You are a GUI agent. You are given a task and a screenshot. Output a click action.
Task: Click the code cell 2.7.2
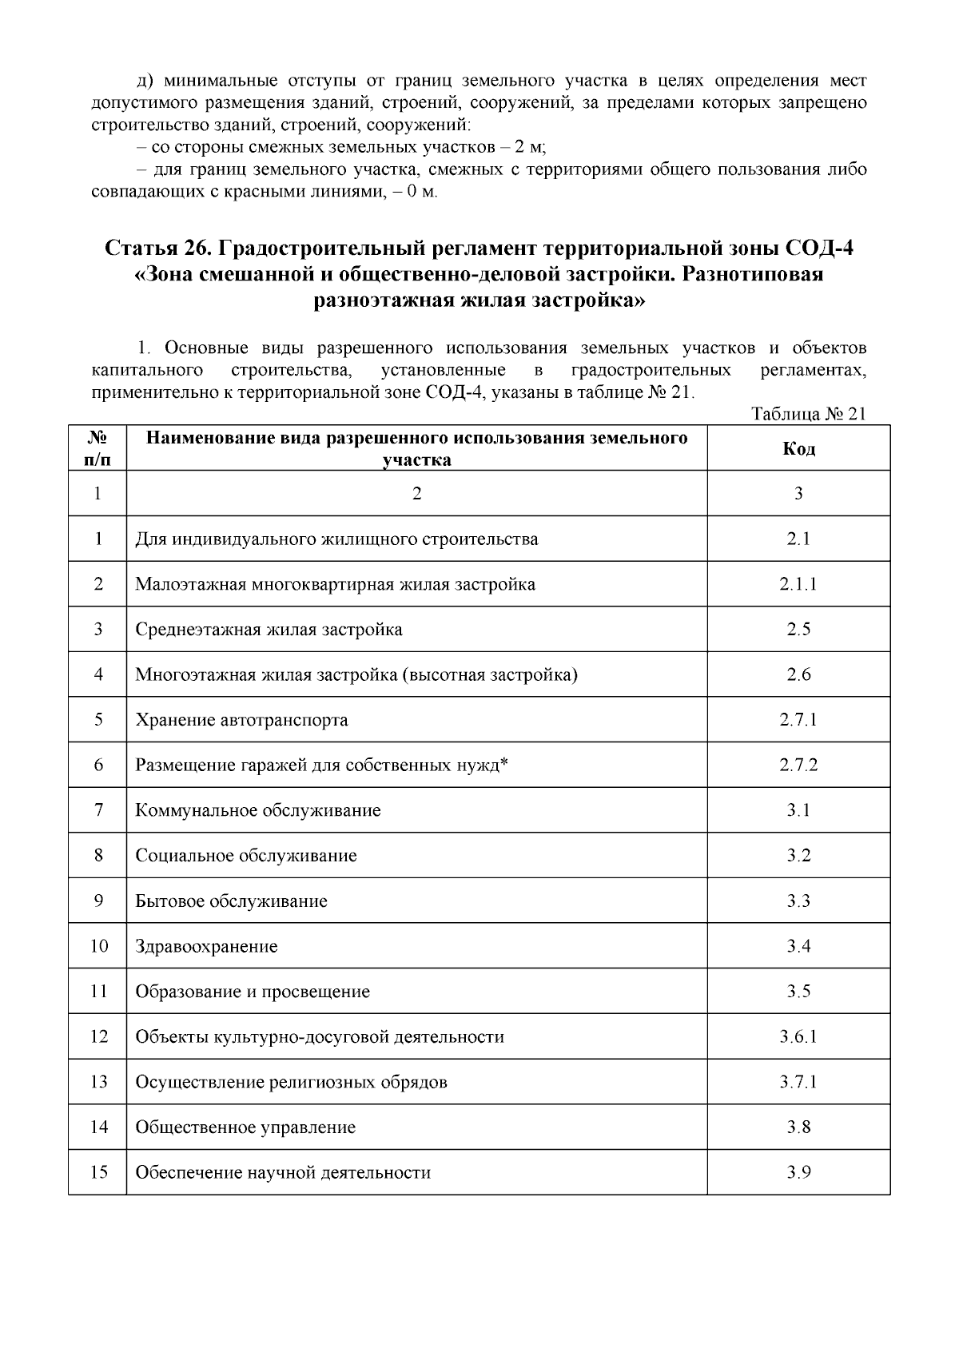[798, 765]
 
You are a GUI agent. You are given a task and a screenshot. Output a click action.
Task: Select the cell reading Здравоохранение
[206, 946]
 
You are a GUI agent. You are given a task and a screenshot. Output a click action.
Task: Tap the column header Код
[798, 448]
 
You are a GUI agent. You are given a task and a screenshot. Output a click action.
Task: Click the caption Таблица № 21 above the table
[809, 414]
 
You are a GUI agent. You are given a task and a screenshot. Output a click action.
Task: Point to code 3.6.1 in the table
[798, 1037]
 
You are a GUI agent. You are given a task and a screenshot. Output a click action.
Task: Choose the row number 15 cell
[98, 1172]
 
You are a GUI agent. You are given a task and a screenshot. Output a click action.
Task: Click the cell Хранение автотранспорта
[241, 720]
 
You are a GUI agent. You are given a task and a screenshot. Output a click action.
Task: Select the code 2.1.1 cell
[798, 584]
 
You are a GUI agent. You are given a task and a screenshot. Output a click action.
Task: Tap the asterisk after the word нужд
[504, 763]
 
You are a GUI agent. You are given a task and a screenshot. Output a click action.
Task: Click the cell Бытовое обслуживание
[231, 901]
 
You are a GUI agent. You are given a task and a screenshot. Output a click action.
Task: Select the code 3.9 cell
[798, 1172]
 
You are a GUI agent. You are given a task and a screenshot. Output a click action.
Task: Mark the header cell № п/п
[97, 448]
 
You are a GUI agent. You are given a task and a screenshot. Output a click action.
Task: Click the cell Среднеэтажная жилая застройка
[269, 630]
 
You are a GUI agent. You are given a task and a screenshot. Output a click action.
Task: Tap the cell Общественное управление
[245, 1127]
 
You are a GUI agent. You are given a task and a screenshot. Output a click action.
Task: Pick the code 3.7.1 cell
[798, 1082]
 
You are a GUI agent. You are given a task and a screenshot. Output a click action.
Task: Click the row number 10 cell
[98, 946]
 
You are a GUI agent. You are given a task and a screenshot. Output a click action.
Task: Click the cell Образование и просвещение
[253, 992]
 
